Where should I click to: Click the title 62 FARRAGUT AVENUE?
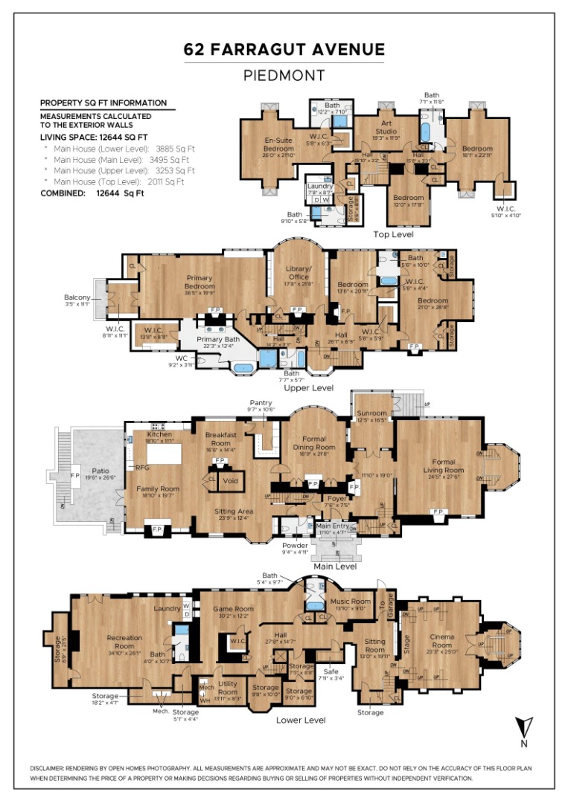[284, 50]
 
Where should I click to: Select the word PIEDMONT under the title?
[284, 75]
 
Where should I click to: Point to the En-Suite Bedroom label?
[280, 143]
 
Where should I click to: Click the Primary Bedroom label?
[200, 282]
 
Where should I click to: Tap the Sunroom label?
[371, 413]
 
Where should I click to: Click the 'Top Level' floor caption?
[392, 233]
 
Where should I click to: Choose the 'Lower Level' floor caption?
[301, 720]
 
